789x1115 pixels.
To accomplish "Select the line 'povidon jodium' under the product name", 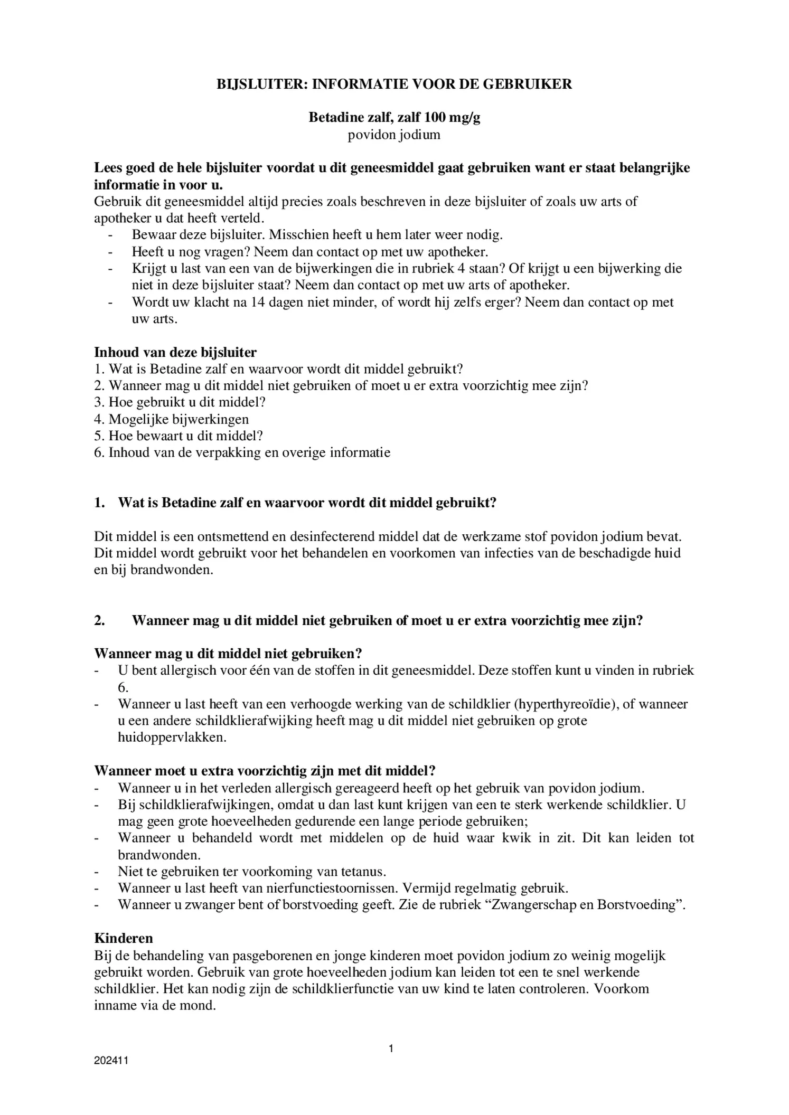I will [393, 135].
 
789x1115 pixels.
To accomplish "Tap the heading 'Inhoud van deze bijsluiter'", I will [175, 352].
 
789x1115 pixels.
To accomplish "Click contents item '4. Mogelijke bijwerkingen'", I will [171, 419].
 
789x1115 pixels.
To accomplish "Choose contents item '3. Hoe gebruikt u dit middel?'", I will [180, 402].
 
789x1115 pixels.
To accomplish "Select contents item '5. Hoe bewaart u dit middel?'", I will [179, 436].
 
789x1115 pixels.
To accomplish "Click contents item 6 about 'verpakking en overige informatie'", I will [242, 452].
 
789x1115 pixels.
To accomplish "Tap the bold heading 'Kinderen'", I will [124, 938].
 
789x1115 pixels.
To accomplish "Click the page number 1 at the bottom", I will [391, 1048].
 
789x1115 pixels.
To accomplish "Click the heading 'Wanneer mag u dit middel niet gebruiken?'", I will [228, 654].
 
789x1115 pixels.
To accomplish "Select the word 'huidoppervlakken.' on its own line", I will [172, 738].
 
